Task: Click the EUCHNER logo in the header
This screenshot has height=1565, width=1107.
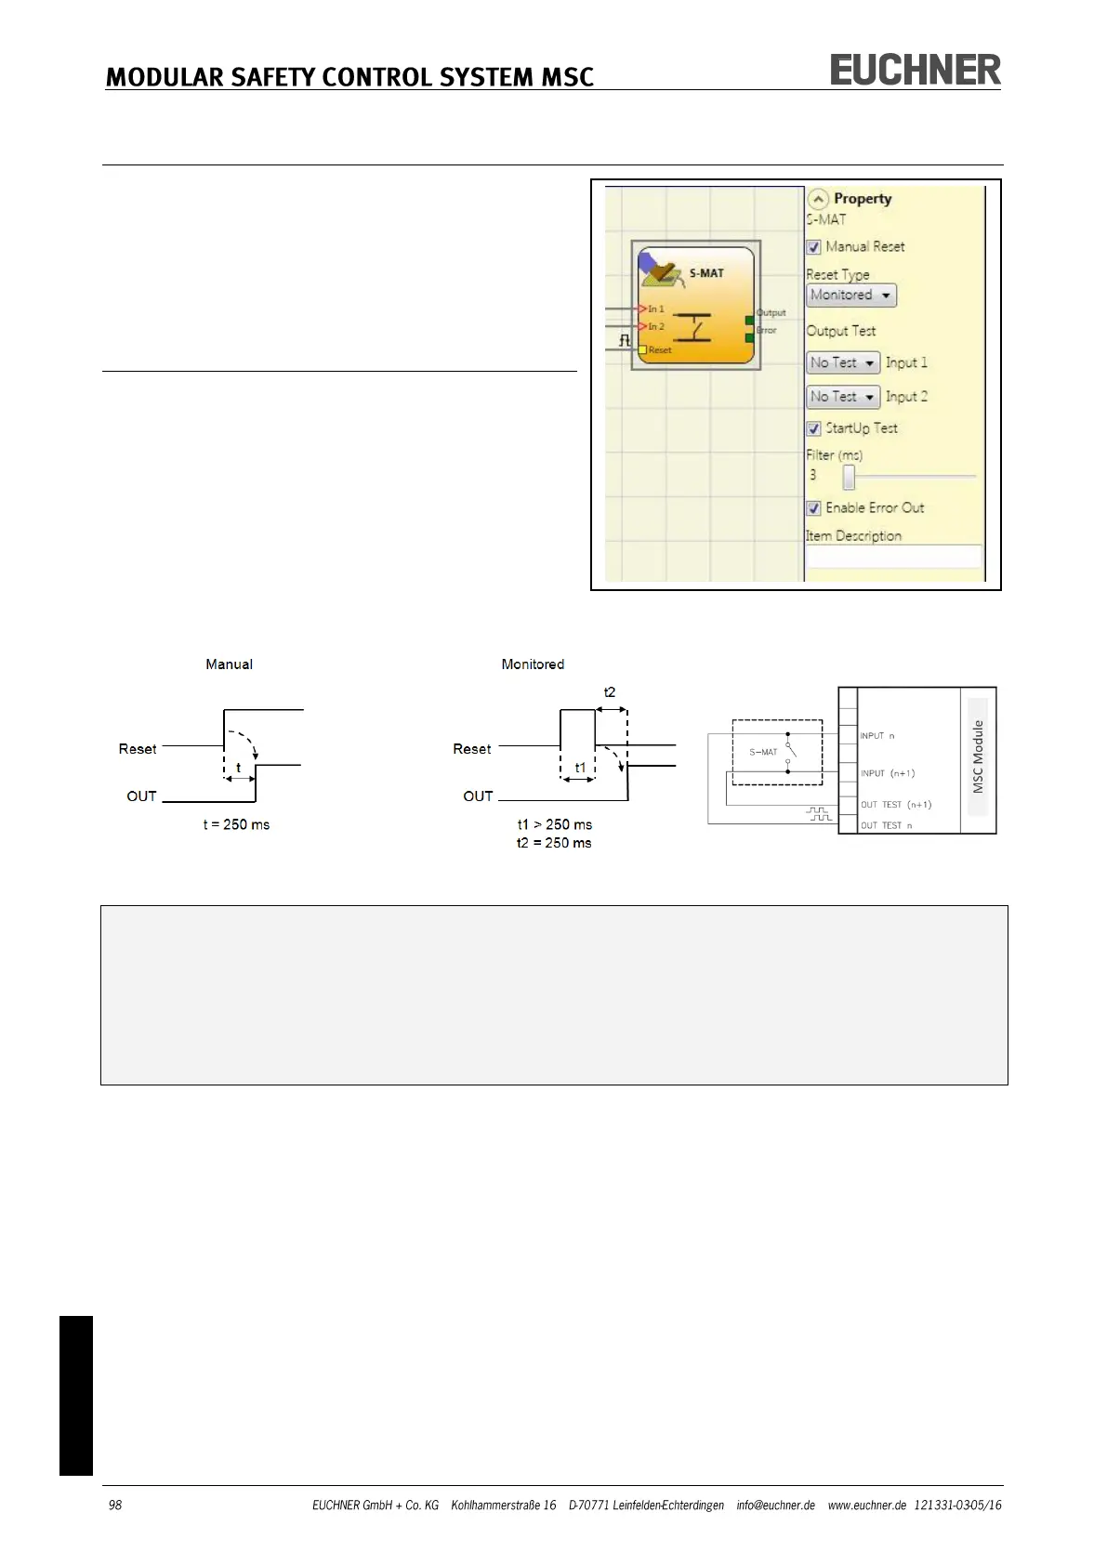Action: pos(915,71)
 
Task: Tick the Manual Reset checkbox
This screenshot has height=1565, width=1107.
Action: pos(813,247)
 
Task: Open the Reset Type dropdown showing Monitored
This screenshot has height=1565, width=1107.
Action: pos(850,296)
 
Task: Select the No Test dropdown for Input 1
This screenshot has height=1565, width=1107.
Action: pos(842,363)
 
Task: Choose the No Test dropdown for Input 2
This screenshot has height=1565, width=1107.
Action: pos(842,397)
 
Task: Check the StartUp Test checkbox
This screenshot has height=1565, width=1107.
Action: pos(813,428)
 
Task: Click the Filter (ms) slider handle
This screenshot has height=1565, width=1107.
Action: pos(849,477)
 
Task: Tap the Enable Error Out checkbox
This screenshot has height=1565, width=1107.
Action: pos(813,508)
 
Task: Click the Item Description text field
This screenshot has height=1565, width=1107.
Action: pos(893,556)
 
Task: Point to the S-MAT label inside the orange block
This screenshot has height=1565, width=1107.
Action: pos(706,273)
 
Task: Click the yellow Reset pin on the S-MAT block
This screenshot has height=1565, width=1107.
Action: pos(641,349)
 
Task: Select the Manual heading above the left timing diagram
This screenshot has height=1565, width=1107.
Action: pos(229,664)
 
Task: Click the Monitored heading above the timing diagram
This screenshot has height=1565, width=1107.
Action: pos(533,664)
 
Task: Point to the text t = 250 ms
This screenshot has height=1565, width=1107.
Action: pos(236,824)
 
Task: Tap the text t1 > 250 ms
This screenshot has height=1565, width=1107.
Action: pos(555,824)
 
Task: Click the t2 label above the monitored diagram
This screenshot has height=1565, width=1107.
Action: pos(610,692)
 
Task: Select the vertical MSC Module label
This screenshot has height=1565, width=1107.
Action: pos(978,756)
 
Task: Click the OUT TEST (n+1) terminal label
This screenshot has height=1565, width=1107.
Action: pos(895,805)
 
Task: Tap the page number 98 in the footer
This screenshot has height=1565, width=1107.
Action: pos(115,1505)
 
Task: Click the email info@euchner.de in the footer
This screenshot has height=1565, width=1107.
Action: pos(775,1505)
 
